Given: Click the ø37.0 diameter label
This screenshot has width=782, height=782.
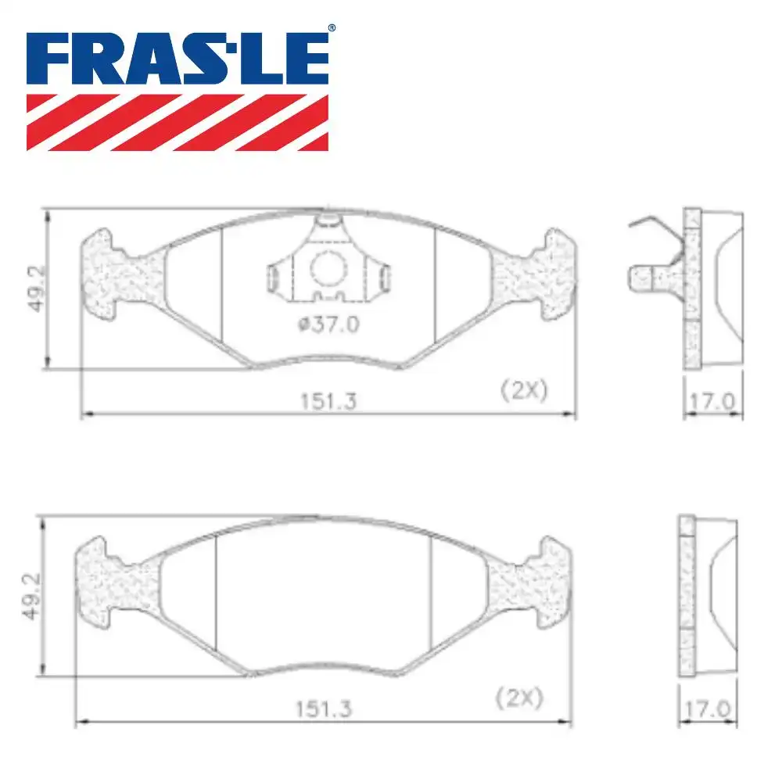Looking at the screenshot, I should (328, 325).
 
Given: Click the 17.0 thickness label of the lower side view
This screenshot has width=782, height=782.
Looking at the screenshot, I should (708, 708).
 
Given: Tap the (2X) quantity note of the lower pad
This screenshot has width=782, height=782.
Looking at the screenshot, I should (519, 697).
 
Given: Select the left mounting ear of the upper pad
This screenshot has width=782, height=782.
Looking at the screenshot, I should (113, 274).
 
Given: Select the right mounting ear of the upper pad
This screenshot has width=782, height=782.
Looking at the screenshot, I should (540, 274).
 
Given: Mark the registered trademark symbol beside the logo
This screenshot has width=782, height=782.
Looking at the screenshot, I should (332, 28).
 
